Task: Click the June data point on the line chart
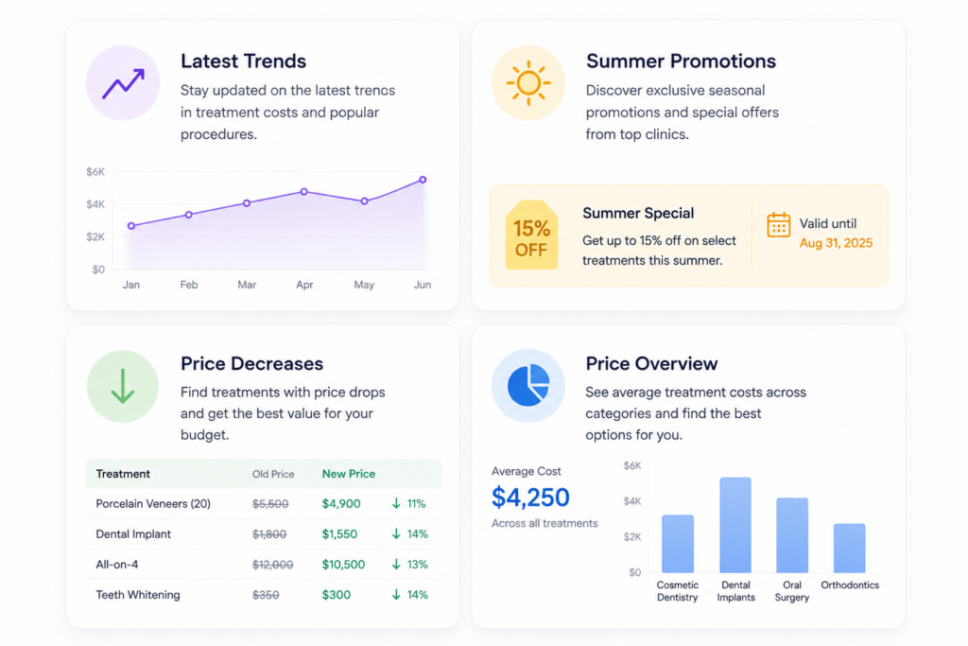click(x=423, y=180)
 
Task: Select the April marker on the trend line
click(x=303, y=192)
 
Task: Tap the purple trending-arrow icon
click(x=123, y=83)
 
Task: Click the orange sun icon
click(x=528, y=82)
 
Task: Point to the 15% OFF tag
click(x=531, y=236)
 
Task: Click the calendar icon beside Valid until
click(x=779, y=225)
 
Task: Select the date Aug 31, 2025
click(x=836, y=243)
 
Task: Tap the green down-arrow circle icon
click(x=123, y=387)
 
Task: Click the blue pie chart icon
click(x=528, y=385)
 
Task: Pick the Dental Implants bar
click(x=735, y=525)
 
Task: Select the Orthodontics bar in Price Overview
click(x=850, y=548)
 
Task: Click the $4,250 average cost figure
click(x=530, y=498)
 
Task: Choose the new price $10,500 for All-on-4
click(x=343, y=565)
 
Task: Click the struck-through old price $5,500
click(x=270, y=504)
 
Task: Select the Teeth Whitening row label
click(x=138, y=595)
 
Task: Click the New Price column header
click(x=348, y=474)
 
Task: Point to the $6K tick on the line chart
click(x=95, y=172)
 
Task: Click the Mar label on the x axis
click(x=247, y=285)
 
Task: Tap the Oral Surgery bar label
click(x=791, y=591)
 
